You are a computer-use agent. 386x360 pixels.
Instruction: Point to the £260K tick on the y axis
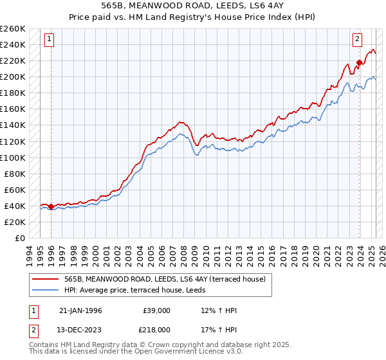pyautogui.click(x=13, y=29)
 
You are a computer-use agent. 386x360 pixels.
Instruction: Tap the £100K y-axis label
pyautogui.click(x=13, y=157)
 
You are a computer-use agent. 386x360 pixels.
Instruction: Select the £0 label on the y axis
pyautogui.click(x=20, y=238)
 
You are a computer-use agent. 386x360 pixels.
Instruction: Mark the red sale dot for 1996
pyautogui.click(x=51, y=206)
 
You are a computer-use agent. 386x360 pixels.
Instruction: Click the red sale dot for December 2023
pyautogui.click(x=359, y=62)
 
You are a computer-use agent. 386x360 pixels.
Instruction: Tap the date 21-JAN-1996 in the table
pyautogui.click(x=80, y=310)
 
